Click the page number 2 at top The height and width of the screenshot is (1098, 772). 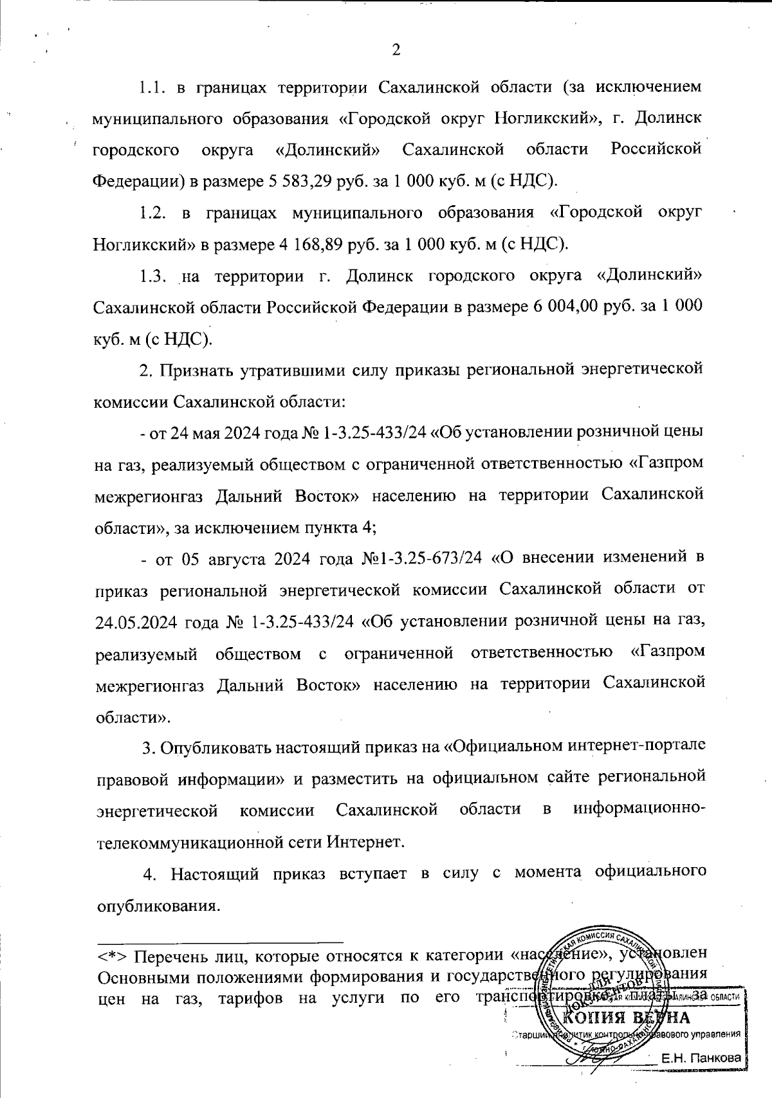[396, 50]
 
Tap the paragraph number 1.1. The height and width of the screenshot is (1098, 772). [154, 86]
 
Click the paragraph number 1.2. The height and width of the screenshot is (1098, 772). [154, 213]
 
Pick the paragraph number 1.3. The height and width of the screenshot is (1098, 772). [154, 277]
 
